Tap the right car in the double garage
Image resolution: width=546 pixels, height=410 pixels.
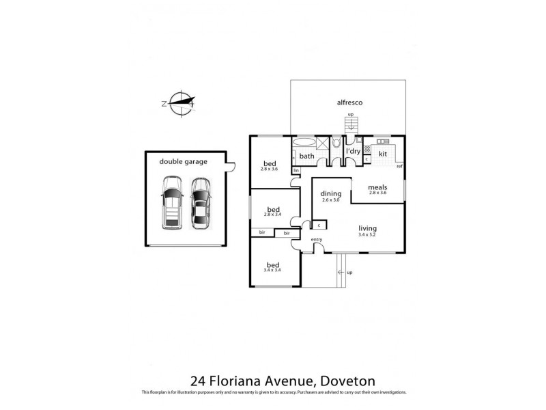(199, 203)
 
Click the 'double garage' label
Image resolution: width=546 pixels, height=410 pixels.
(183, 162)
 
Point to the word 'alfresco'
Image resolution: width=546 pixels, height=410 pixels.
(349, 102)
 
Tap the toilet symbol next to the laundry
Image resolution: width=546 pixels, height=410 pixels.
(336, 143)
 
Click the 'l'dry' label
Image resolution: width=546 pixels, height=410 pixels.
(353, 152)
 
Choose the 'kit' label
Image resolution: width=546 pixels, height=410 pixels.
(383, 154)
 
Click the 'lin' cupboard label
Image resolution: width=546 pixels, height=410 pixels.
(296, 169)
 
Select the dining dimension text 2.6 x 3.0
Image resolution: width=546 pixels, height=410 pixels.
(330, 200)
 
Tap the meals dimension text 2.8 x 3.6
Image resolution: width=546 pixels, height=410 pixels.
(377, 193)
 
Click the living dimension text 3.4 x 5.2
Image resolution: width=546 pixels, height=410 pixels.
(367, 236)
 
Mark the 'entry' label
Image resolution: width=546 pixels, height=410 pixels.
(317, 239)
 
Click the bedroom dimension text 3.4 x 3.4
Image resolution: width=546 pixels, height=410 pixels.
(273, 271)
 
